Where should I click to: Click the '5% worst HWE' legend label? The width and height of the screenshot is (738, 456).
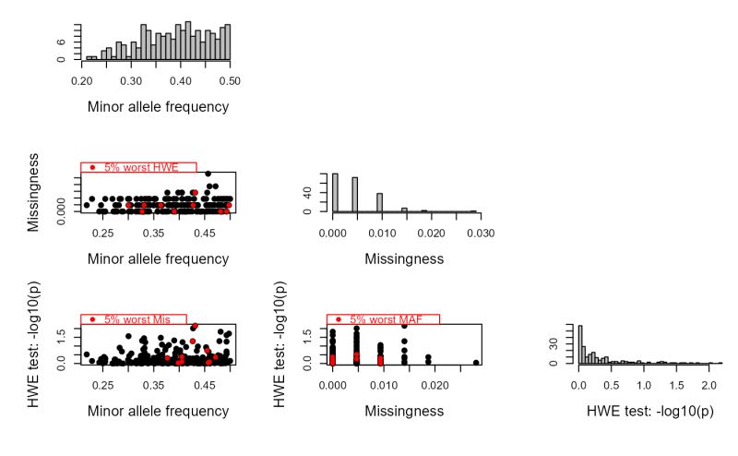pyautogui.click(x=141, y=167)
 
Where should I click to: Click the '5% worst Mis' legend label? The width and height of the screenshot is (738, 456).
pyautogui.click(x=137, y=319)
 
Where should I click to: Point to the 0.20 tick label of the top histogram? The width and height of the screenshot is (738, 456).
pyautogui.click(x=79, y=80)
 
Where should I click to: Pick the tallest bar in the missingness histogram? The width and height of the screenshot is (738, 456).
pyautogui.click(x=335, y=193)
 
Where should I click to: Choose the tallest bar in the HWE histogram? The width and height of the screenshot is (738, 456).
pyautogui.click(x=580, y=343)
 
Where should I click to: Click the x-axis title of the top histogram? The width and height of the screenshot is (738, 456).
pyautogui.click(x=158, y=106)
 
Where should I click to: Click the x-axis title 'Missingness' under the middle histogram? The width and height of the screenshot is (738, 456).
pyautogui.click(x=404, y=259)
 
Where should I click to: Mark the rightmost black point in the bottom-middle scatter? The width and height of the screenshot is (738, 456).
pyautogui.click(x=476, y=363)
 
